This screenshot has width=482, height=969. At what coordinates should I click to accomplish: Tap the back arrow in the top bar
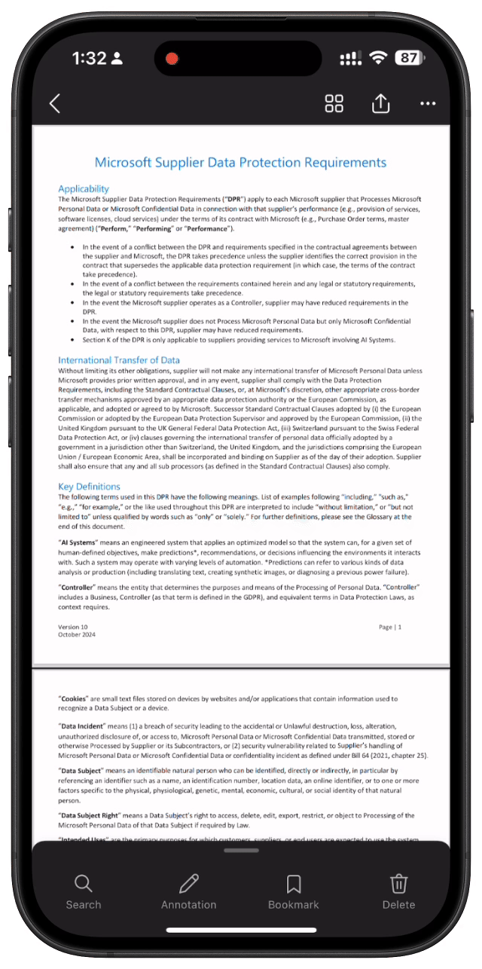[x=54, y=104]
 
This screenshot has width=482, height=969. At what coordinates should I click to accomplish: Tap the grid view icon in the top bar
[x=334, y=104]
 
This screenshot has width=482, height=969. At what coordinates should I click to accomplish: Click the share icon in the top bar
[x=380, y=103]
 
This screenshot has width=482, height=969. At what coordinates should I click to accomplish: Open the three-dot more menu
[x=428, y=104]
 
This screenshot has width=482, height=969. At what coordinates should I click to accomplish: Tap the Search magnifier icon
[x=83, y=883]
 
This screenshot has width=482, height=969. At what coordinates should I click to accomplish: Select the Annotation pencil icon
[x=189, y=883]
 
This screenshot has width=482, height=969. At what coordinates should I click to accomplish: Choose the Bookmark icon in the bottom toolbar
[x=294, y=883]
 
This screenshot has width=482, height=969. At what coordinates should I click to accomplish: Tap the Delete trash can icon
[x=398, y=883]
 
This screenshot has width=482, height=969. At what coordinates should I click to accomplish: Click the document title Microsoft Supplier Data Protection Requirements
[x=240, y=163]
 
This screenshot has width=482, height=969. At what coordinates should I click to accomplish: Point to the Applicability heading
[x=84, y=188]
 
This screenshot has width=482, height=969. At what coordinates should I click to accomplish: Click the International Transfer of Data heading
[x=119, y=360]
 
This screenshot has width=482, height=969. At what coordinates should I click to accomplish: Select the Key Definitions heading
[x=89, y=486]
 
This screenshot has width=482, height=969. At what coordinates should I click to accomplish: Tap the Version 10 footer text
[x=73, y=627]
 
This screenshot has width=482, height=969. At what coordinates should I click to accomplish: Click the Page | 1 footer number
[x=390, y=627]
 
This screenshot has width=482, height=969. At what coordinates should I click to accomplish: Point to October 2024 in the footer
[x=77, y=634]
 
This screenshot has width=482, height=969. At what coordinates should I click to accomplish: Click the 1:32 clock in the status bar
[x=89, y=58]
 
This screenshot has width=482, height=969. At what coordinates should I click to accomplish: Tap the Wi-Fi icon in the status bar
[x=377, y=58]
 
